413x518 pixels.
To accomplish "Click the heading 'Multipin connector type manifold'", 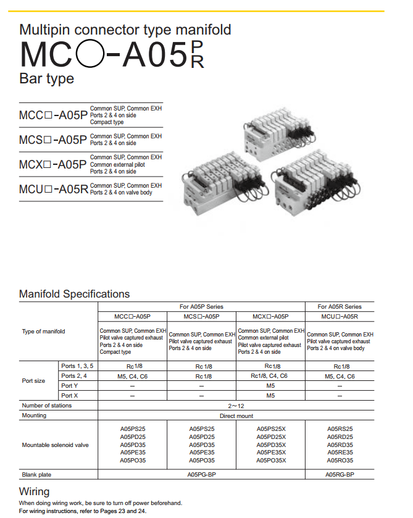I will point(125,29).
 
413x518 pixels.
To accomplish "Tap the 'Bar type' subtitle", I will point(47,78).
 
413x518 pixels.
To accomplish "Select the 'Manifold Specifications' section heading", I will point(75,294).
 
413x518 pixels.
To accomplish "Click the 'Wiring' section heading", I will point(35,491).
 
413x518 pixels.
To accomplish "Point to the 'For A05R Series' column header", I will point(340,306).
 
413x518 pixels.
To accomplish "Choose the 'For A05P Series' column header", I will point(201,306).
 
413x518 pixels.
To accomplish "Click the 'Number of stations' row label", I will point(47,406).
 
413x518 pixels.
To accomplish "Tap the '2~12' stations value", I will point(236,406).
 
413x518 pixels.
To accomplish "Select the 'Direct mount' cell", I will point(236,416).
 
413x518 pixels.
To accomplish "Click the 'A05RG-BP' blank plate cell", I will point(340,475).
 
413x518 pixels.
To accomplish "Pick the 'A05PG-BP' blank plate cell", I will point(201,475).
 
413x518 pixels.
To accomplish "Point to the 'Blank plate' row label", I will point(36,475).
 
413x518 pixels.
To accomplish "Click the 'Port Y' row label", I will point(70,385).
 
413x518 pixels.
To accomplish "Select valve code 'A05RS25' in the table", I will point(340,428).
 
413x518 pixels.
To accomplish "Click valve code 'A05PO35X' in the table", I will point(271,460).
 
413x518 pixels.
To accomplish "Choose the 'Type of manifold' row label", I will point(43,332).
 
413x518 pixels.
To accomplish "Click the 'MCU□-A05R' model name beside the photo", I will point(54,189).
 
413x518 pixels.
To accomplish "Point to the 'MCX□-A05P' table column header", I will point(271,316).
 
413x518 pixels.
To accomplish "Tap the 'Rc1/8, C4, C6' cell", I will point(271,376).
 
